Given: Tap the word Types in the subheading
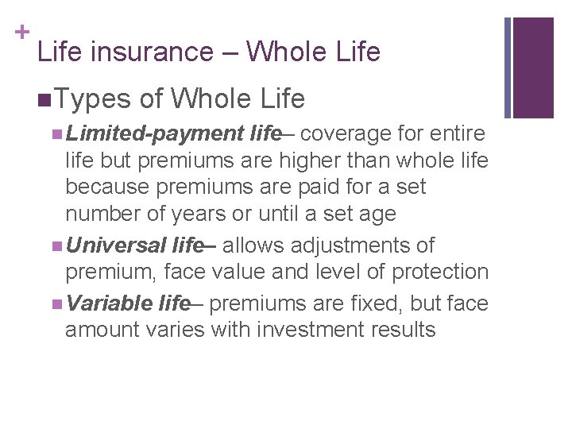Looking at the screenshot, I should (94, 99).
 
